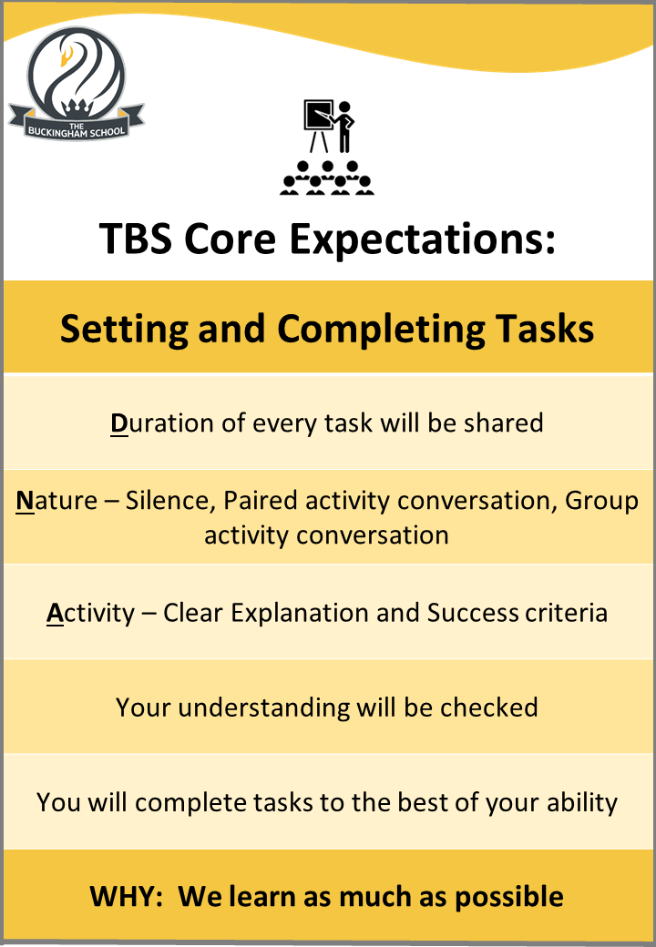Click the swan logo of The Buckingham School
click(77, 84)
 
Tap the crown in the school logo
click(77, 108)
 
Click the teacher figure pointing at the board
click(344, 127)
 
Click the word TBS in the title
click(136, 239)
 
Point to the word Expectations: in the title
click(422, 240)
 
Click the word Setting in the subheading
click(125, 330)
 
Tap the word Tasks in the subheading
click(545, 329)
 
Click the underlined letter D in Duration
click(119, 423)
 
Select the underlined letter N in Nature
click(25, 501)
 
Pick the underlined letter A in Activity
click(55, 614)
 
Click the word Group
click(601, 502)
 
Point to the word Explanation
click(300, 614)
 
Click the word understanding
click(264, 708)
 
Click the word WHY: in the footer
click(127, 896)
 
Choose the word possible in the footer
click(509, 898)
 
